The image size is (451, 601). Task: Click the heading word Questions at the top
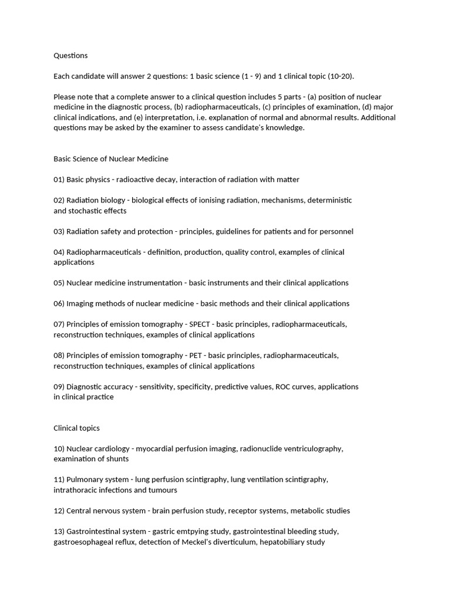70,56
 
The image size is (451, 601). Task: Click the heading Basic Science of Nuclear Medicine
111,158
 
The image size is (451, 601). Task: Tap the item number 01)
59,180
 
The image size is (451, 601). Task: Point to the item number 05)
59,283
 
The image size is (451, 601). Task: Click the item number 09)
59,387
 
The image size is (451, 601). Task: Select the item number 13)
59,532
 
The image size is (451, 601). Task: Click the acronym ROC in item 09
284,387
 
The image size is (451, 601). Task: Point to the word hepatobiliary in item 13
279,542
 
